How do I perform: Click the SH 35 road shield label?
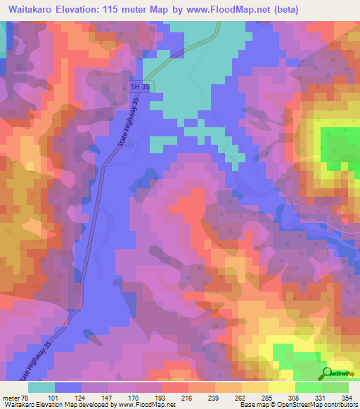click(139, 86)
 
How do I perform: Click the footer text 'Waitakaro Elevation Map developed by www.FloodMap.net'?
click(88, 403)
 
